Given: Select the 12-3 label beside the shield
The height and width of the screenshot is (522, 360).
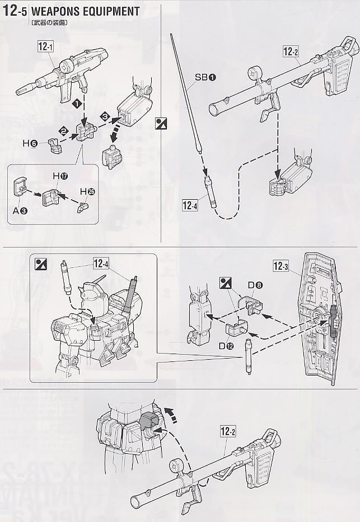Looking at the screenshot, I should click(282, 266).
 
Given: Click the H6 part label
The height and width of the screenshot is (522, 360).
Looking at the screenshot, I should click(30, 144).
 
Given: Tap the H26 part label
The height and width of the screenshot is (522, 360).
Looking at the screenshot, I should click(87, 192).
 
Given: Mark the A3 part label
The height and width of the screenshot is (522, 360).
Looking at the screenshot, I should click(20, 211).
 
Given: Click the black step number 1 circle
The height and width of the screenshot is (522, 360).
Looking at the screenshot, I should click(82, 104).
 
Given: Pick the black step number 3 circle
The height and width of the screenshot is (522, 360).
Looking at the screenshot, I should click(104, 116).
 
